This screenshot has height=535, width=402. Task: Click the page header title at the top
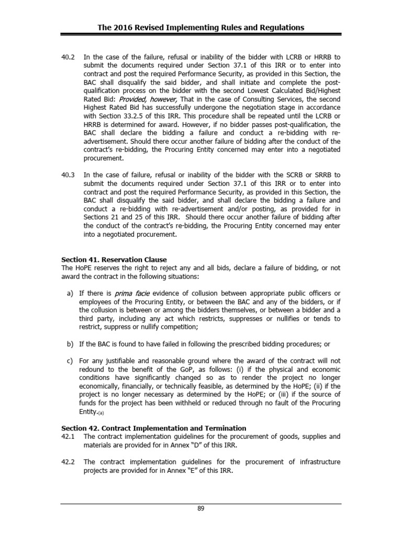tap(200, 28)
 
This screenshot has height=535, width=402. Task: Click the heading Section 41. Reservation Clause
tap(114, 260)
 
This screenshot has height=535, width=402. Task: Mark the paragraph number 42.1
tap(68, 436)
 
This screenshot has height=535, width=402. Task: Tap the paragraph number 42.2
tap(68, 462)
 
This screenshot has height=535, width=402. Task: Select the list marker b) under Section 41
tap(70, 344)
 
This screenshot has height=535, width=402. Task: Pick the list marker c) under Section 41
tap(70, 360)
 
